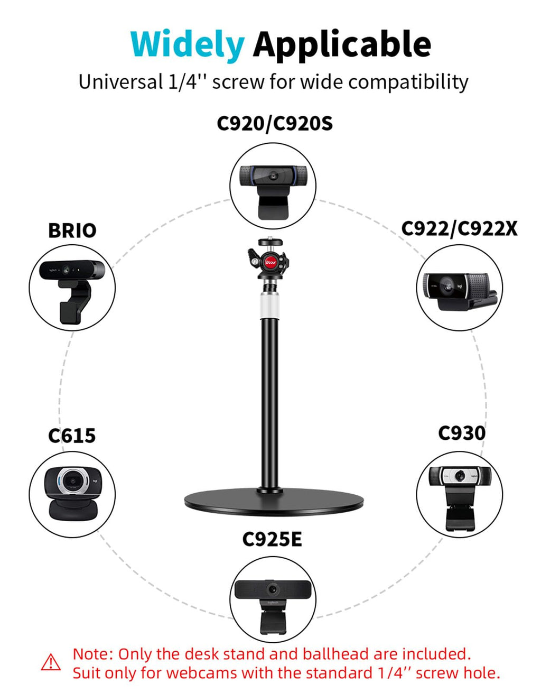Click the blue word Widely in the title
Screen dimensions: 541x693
(x=188, y=44)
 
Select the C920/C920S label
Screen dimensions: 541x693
(x=275, y=124)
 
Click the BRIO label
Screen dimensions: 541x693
(x=72, y=230)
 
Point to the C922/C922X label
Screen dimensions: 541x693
(x=459, y=229)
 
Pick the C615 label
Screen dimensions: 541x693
(x=72, y=436)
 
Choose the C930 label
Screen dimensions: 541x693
(x=462, y=433)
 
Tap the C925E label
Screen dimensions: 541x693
(x=272, y=540)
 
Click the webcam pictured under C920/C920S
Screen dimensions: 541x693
(x=273, y=192)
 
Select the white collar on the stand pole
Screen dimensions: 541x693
(x=270, y=306)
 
